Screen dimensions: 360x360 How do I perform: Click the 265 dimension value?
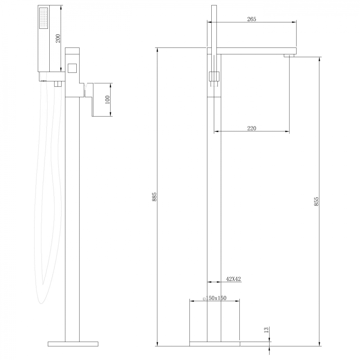pyautogui.click(x=252, y=19)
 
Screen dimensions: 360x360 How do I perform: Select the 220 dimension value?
pyautogui.click(x=252, y=129)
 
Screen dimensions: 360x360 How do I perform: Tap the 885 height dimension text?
pyautogui.click(x=154, y=197)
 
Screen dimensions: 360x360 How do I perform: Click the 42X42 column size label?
pyautogui.click(x=233, y=279)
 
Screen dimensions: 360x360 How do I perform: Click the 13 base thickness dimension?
pyautogui.click(x=266, y=330)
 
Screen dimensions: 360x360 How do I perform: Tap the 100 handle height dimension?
pyautogui.click(x=107, y=100)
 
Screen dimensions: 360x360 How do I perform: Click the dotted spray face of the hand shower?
pyautogui.click(x=43, y=18)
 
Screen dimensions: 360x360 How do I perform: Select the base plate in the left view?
pyautogui.click(x=73, y=343)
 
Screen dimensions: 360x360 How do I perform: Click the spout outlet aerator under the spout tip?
pyautogui.click(x=289, y=55)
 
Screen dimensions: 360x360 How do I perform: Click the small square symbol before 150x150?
pyautogui.click(x=204, y=298)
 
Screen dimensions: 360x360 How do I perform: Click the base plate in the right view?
pyautogui.click(x=215, y=343)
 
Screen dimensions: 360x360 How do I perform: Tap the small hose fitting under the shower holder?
pyautogui.click(x=57, y=84)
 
